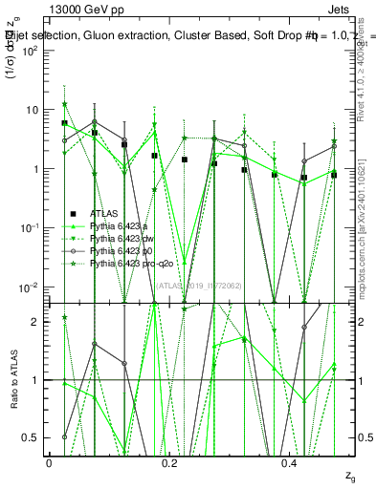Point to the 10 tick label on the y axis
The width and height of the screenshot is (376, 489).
32,110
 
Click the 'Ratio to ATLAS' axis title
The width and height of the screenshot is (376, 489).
13,379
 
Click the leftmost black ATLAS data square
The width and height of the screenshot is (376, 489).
64,123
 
